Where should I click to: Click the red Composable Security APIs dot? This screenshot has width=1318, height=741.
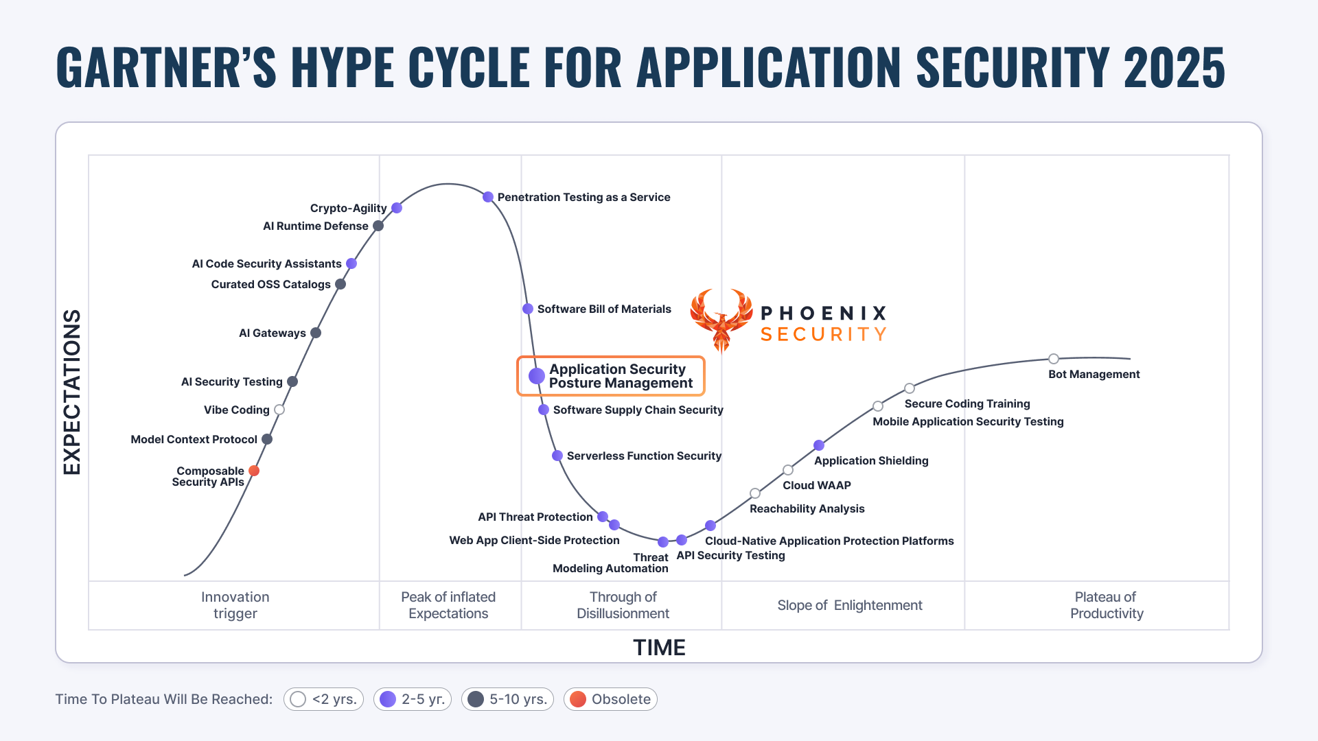coord(254,471)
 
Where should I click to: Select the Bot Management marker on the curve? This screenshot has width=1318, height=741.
coord(1054,359)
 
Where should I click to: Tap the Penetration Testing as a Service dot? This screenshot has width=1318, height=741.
coord(488,197)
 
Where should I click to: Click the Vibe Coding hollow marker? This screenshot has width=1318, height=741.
coord(279,410)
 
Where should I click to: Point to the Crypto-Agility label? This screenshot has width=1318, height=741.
coord(348,208)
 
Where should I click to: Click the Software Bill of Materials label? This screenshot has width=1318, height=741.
coord(604,309)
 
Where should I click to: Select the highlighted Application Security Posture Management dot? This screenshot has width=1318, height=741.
coord(537,376)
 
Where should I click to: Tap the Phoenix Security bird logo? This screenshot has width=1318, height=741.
coord(721,320)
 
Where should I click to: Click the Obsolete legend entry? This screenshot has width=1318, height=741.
coord(610,699)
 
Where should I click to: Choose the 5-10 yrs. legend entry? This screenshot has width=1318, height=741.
coord(507,699)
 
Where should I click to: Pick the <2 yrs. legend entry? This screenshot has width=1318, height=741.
coord(323,699)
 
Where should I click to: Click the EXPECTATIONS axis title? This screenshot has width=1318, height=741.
coord(72,392)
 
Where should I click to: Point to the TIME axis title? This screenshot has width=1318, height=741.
coord(659,648)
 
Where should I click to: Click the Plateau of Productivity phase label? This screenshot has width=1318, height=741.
coord(1106,605)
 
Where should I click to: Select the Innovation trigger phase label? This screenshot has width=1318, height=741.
coord(235,605)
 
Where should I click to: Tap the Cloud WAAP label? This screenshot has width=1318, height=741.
coord(817,485)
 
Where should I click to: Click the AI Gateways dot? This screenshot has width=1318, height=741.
coord(316,333)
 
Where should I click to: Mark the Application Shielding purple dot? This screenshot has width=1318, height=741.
coord(819,445)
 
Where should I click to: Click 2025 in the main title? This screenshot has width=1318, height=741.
coord(1174,67)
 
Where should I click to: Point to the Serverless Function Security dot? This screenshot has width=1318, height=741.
coord(557,456)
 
